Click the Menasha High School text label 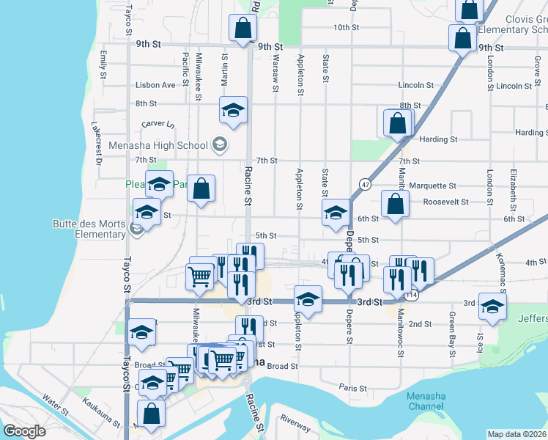pos(158,145)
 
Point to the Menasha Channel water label pos(426,401)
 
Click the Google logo pos(24,431)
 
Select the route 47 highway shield pos(365,183)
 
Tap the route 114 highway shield pos(413,295)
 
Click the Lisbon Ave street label pos(155,85)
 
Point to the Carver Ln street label pos(158,125)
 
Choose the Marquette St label pos(433,186)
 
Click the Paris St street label pos(352,387)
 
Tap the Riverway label pos(295,424)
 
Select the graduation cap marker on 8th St pos(233,111)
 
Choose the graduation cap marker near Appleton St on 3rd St pos(308,298)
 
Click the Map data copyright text pos(517,434)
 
